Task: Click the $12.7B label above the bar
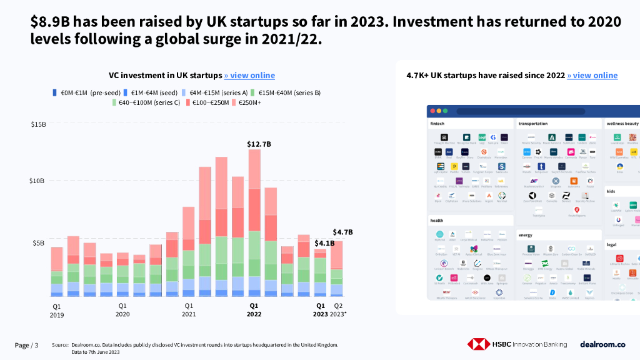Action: coord(259,144)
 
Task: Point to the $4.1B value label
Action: coord(324,243)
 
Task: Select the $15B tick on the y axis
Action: coord(38,124)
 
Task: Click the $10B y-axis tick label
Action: coord(38,181)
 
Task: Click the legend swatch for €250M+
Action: coord(234,102)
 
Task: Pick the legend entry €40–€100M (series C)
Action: coord(149,102)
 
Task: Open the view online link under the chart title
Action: coord(249,76)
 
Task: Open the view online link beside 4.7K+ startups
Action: coord(592,76)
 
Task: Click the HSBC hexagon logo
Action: coord(478,344)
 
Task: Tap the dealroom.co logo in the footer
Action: coord(602,344)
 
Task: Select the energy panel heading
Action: coord(525,236)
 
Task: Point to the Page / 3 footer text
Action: coord(26,346)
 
